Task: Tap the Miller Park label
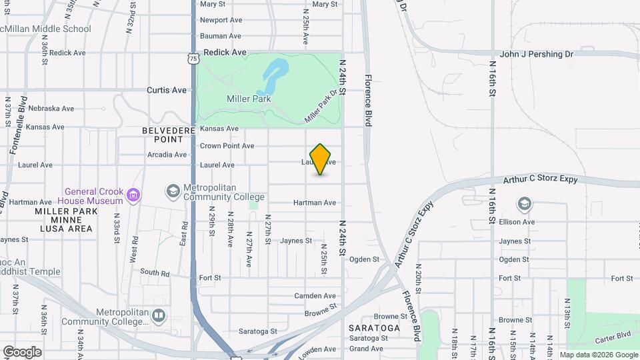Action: click(248, 99)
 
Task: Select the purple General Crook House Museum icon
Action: click(134, 195)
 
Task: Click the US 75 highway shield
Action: click(193, 59)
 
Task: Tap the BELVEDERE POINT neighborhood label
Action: click(163, 135)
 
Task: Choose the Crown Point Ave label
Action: click(227, 146)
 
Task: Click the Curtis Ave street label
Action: click(167, 90)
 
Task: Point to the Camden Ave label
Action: click(315, 296)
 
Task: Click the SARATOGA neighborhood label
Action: click(374, 328)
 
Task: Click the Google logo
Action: click(22, 352)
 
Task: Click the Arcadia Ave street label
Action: click(167, 155)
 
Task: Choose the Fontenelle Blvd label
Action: click(17, 126)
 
